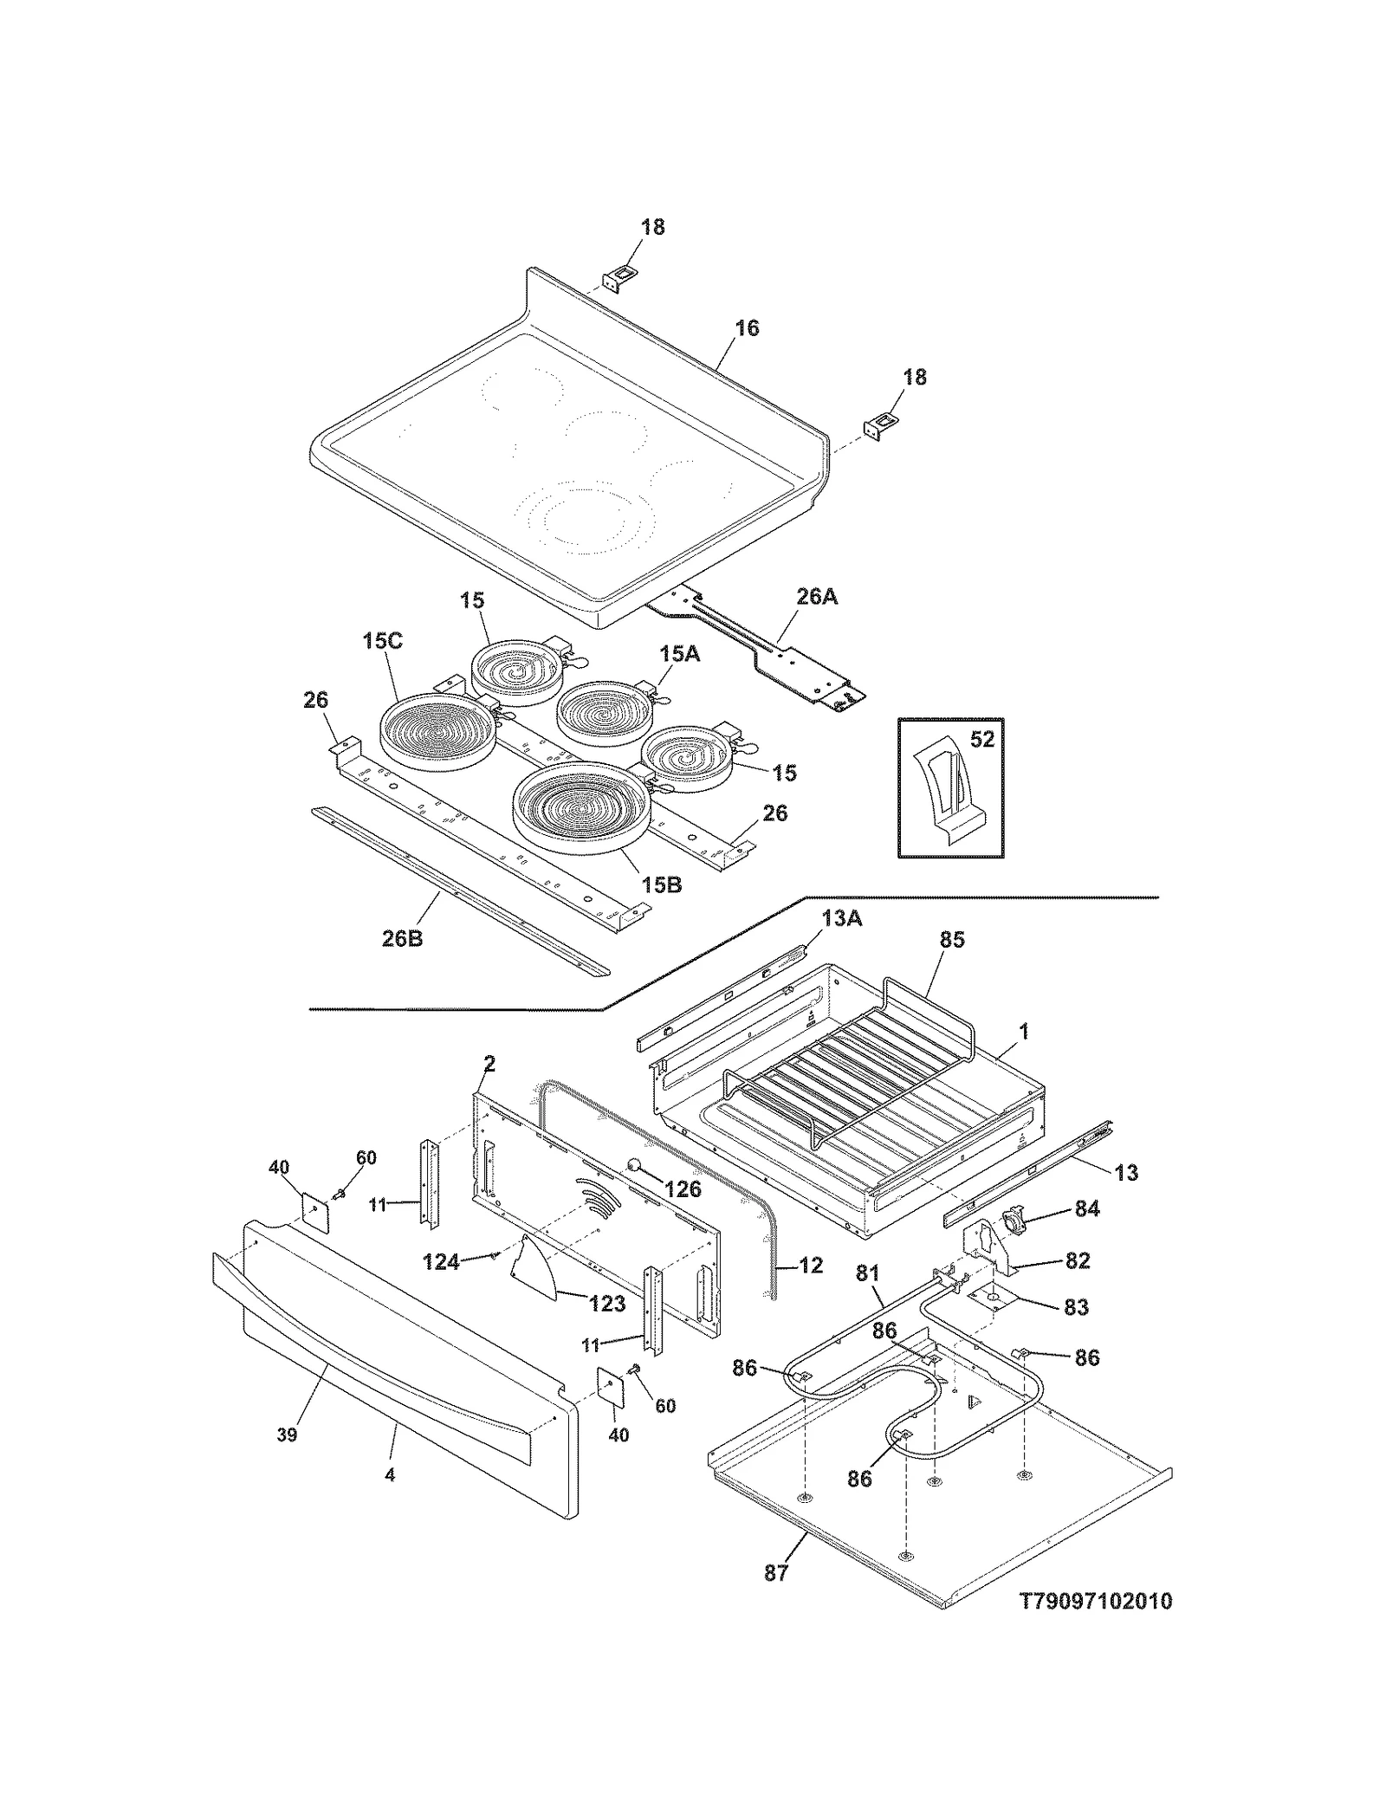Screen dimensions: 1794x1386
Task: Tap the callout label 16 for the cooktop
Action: [x=747, y=328]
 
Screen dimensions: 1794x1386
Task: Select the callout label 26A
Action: [x=817, y=597]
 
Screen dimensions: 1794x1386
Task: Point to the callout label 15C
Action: [x=382, y=642]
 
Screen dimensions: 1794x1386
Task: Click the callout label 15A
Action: [x=679, y=654]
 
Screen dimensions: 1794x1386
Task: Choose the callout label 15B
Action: [x=662, y=885]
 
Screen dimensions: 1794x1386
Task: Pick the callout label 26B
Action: [x=403, y=938]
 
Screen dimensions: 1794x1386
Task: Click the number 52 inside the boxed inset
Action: [x=981, y=740]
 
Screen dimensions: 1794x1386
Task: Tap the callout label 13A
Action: [x=842, y=919]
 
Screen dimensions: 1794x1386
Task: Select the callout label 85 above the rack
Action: [x=952, y=940]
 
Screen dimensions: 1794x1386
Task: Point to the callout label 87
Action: [x=776, y=1572]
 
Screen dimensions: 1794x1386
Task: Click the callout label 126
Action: [x=683, y=1189]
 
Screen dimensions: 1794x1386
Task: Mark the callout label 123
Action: [x=606, y=1304]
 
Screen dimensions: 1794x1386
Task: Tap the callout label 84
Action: [x=1087, y=1208]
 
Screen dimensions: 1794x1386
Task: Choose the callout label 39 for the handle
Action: [x=287, y=1435]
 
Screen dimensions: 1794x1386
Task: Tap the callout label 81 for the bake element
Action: [x=868, y=1273]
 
